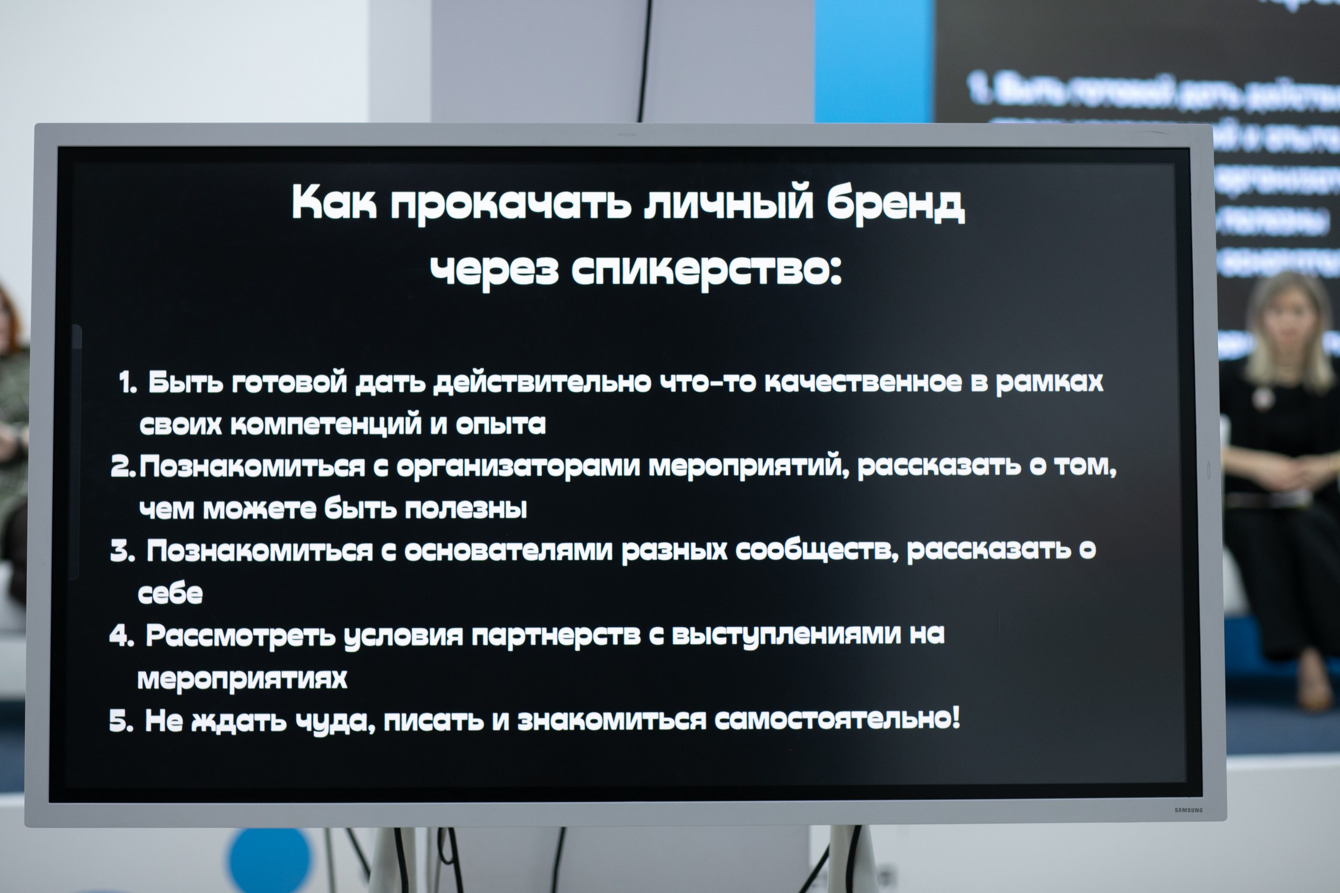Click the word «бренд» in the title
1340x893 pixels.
click(x=895, y=204)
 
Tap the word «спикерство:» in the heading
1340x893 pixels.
click(x=706, y=269)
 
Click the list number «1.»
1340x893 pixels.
click(x=128, y=383)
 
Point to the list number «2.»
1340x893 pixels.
click(x=123, y=467)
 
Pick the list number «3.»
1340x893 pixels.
click(x=122, y=551)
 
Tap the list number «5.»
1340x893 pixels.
click(x=121, y=721)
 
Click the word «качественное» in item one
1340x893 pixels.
click(x=863, y=381)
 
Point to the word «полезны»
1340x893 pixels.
click(x=465, y=508)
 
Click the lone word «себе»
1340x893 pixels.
click(x=170, y=593)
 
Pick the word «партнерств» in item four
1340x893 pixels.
click(x=556, y=636)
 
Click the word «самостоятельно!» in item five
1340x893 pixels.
click(x=837, y=719)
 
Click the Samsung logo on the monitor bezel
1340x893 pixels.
click(x=1188, y=810)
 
